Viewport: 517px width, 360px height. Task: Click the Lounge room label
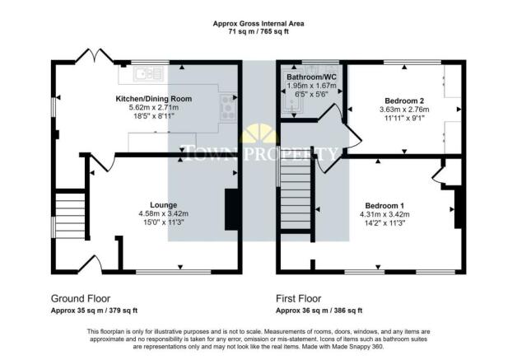(164, 205)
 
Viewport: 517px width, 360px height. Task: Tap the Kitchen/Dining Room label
(154, 99)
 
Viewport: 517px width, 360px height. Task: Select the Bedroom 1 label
(384, 206)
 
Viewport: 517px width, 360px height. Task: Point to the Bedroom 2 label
(404, 101)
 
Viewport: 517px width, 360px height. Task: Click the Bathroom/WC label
(311, 77)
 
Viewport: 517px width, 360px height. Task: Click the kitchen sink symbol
(148, 74)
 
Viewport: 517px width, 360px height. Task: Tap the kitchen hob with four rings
(228, 107)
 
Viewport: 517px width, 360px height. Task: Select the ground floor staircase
(70, 216)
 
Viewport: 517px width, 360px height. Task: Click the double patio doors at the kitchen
(95, 55)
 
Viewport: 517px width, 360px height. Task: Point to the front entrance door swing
(91, 264)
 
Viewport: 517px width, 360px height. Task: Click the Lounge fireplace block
(231, 209)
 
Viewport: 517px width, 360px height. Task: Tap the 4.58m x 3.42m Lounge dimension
(164, 214)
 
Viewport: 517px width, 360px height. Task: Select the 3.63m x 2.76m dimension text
(404, 110)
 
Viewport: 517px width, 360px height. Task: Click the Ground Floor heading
(81, 298)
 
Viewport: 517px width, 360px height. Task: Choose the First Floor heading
(298, 298)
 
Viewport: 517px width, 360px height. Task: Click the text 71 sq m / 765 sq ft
(258, 32)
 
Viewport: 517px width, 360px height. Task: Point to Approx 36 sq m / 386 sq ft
(319, 311)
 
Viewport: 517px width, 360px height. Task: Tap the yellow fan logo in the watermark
(261, 133)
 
